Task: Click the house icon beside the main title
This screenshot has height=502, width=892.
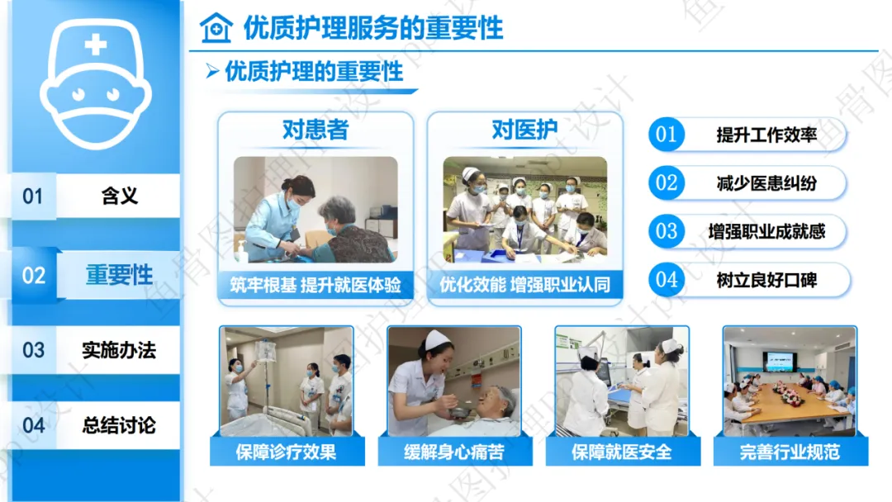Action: coord(216,28)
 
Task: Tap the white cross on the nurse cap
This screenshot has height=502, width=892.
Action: coord(96,45)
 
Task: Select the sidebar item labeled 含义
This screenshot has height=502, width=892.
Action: coord(120,197)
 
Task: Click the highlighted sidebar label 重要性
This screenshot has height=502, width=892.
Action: coord(120,275)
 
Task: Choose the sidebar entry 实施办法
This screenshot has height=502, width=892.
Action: coord(119,350)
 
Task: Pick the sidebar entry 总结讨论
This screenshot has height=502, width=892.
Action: coord(119,425)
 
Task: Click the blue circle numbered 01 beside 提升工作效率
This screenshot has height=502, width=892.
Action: coord(667,135)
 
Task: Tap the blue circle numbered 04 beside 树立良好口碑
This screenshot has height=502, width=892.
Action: coord(667,280)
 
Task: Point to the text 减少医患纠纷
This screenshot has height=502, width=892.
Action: coord(766,183)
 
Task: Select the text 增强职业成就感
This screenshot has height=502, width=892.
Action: coord(766,231)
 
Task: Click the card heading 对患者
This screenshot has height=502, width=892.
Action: coord(316,130)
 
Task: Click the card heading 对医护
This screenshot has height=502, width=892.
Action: coord(524,130)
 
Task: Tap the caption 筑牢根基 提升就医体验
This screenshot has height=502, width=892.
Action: coord(316,285)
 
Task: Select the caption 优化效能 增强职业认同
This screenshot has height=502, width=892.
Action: coord(524,285)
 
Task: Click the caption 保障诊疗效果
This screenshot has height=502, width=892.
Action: coord(286,452)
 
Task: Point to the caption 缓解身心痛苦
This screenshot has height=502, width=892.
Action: coord(454,452)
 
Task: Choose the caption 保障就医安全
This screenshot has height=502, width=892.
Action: coord(622,452)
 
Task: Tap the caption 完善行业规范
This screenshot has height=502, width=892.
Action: coord(790,452)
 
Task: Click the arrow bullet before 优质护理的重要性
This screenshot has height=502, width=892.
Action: coord(213,71)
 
